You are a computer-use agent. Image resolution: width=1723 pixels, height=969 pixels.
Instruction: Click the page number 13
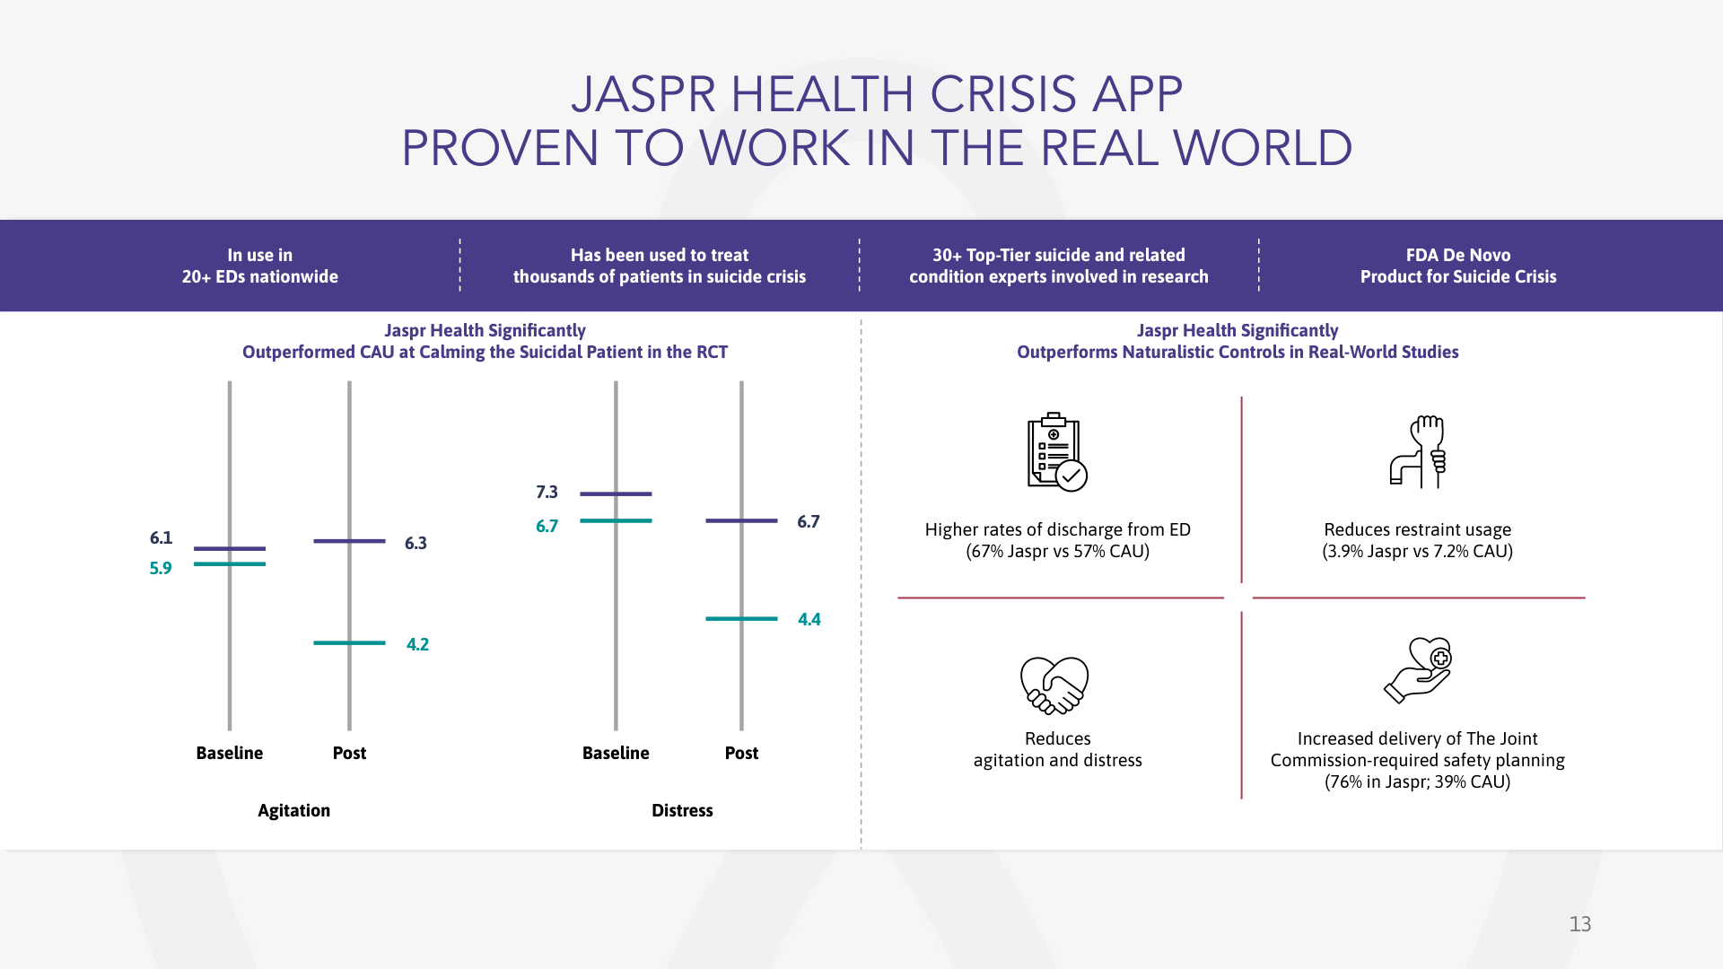(1580, 924)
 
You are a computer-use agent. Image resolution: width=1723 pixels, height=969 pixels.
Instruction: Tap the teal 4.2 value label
(417, 644)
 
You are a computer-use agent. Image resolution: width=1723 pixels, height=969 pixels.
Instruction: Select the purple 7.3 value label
(547, 492)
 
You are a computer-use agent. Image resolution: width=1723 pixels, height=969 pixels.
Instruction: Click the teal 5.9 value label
(161, 568)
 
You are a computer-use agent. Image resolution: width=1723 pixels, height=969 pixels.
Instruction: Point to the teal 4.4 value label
(809, 619)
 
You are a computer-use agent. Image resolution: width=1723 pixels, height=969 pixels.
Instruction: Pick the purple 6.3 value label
(415, 543)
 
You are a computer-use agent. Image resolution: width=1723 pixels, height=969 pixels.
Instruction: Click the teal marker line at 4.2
(349, 642)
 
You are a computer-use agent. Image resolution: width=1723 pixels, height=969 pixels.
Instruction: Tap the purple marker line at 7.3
(616, 493)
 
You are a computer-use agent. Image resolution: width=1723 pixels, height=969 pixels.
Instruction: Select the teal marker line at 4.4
(741, 618)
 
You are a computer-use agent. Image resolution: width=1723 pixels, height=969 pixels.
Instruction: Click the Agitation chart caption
(293, 810)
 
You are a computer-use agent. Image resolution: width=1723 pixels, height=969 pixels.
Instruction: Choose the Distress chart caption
(682, 810)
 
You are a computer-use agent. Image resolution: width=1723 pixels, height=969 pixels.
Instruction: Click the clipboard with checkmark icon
(1057, 451)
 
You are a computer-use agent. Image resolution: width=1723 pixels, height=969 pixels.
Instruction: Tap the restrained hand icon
(1418, 451)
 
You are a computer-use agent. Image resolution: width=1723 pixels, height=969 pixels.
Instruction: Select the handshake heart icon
(1054, 685)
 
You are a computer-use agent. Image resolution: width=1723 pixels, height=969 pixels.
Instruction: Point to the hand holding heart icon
(1418, 669)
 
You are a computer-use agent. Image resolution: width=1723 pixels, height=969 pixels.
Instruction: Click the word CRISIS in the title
(1002, 94)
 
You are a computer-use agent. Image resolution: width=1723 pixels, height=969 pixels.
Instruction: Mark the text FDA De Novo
(1458, 255)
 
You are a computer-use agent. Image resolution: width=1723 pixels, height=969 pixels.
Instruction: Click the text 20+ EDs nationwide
(260, 276)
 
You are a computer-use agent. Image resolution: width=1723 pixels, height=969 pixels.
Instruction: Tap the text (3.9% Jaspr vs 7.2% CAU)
(1418, 551)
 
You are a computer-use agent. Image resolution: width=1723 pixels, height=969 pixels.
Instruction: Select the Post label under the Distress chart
(741, 753)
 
